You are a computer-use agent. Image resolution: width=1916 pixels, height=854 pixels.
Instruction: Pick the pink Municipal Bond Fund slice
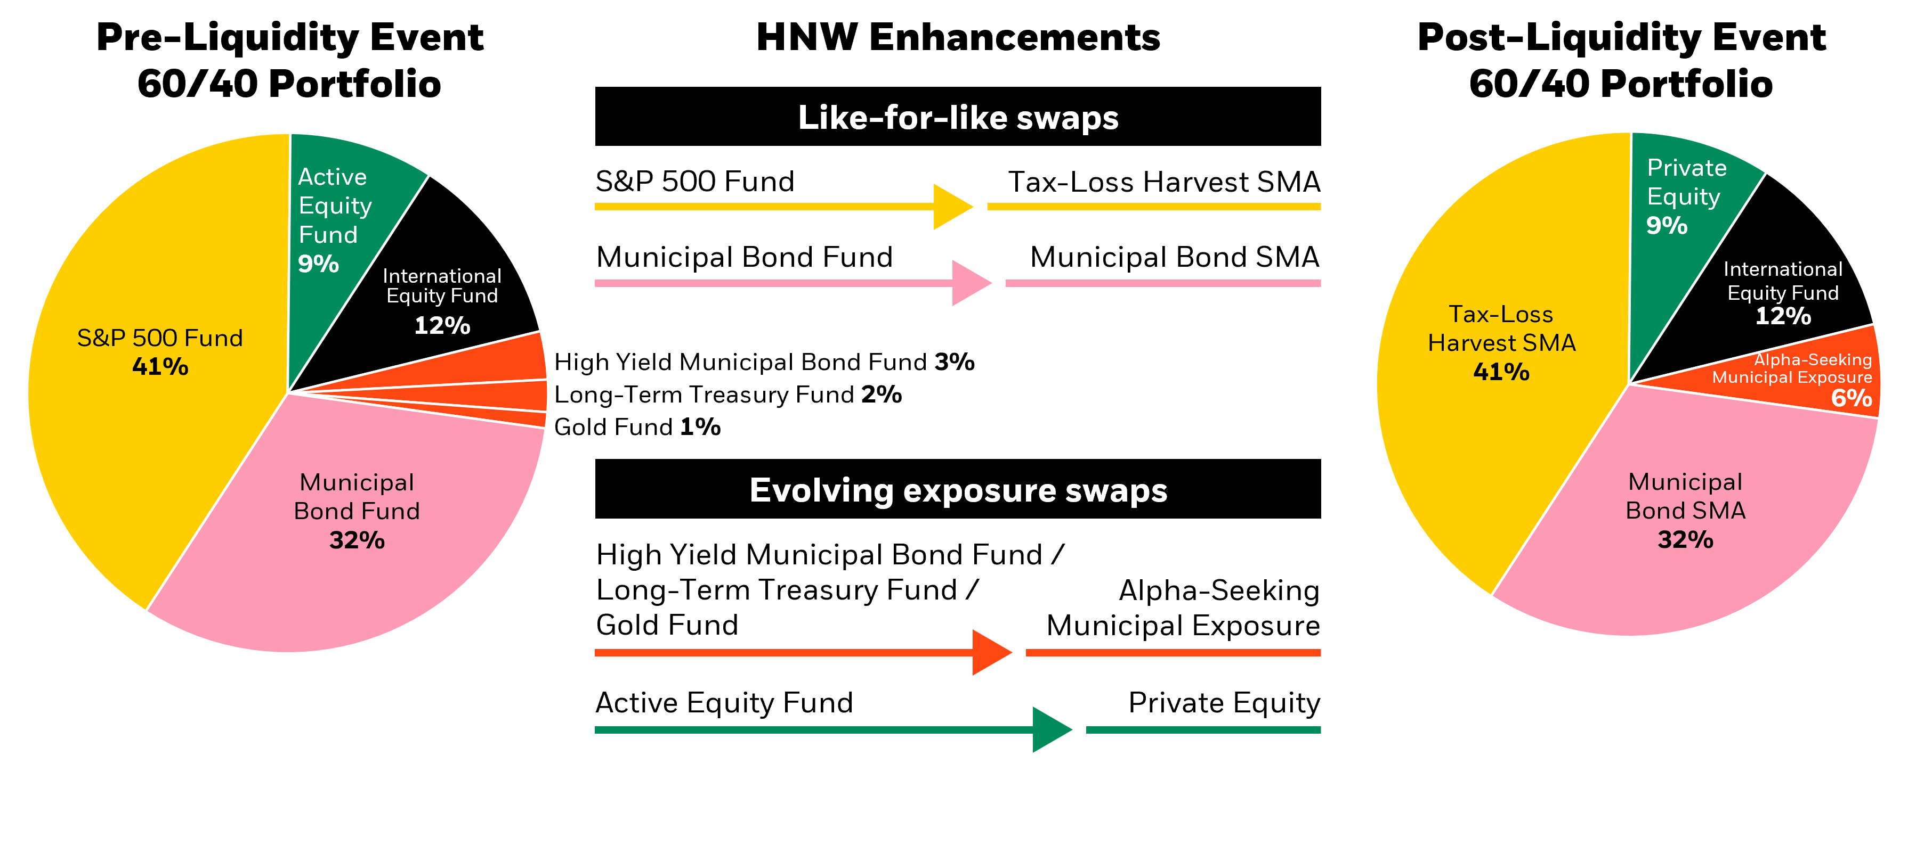tap(357, 535)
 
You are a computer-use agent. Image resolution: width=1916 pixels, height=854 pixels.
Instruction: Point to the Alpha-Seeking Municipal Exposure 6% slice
tap(1815, 379)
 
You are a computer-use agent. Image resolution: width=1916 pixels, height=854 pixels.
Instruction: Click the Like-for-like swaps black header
tap(958, 117)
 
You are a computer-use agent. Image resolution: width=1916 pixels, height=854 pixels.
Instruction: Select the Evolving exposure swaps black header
tap(958, 489)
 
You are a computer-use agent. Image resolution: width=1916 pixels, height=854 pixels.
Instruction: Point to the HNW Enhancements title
tap(958, 37)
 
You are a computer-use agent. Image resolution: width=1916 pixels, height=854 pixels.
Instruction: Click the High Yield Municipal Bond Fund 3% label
tap(764, 362)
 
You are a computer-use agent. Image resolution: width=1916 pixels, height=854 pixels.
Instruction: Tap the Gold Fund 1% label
tap(637, 426)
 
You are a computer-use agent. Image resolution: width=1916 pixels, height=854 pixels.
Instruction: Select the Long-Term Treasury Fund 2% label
tap(727, 394)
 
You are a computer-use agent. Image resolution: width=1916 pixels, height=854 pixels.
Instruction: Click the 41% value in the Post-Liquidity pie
tap(1501, 372)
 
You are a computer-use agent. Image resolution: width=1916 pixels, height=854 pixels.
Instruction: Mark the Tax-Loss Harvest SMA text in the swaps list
tap(1164, 182)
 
